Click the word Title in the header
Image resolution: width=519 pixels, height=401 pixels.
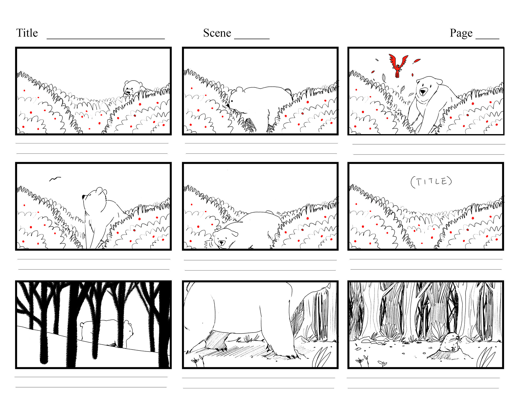27,33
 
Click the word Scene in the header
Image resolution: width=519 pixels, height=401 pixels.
217,33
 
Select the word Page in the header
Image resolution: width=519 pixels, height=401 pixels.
461,33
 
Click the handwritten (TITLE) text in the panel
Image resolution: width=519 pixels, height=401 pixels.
431,182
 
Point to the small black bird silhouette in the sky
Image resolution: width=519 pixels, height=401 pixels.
55,179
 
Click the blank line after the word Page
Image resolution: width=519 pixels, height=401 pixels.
487,39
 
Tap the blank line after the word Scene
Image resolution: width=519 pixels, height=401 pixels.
252,39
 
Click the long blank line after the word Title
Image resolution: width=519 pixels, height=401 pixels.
106,39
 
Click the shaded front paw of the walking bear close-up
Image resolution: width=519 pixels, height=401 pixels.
216,341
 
